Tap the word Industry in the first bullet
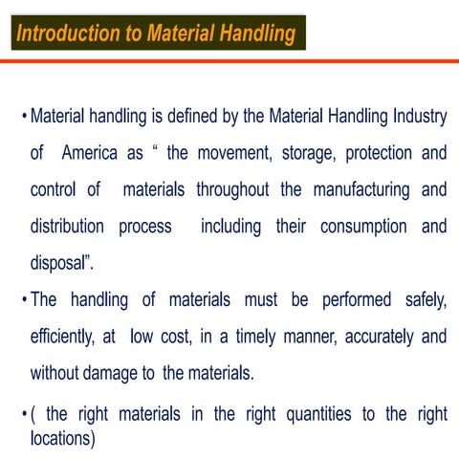tap(418, 118)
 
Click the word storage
tap(314, 153)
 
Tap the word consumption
tap(362, 227)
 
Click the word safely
tap(423, 300)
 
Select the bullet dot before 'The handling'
tap(23, 301)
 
